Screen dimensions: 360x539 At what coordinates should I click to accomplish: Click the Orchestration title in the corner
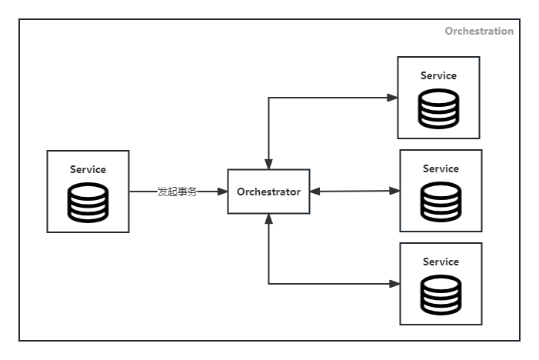479,32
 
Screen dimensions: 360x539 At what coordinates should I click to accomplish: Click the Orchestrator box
268,192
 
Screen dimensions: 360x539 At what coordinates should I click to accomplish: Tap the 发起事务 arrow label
177,192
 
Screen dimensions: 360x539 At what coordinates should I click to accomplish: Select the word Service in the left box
88,169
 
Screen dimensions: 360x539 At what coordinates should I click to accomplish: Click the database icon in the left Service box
88,202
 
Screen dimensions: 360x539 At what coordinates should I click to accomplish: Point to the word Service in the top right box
438,75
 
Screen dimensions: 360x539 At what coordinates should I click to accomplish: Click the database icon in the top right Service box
438,108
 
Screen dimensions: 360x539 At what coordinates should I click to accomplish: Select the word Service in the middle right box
441,168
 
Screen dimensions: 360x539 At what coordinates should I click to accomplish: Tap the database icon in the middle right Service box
441,202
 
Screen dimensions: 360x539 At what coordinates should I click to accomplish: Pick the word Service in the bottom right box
441,262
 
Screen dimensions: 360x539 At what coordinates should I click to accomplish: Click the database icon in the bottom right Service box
441,295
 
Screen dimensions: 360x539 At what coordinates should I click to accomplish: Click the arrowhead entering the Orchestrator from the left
222,192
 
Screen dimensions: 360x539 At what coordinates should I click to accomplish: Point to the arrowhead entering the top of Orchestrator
268,164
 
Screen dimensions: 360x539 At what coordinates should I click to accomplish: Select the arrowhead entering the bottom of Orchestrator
268,219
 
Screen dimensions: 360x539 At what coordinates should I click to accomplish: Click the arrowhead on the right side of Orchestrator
315,192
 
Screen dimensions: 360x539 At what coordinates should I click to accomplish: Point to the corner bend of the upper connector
268,98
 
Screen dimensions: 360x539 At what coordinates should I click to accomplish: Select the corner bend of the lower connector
268,284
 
